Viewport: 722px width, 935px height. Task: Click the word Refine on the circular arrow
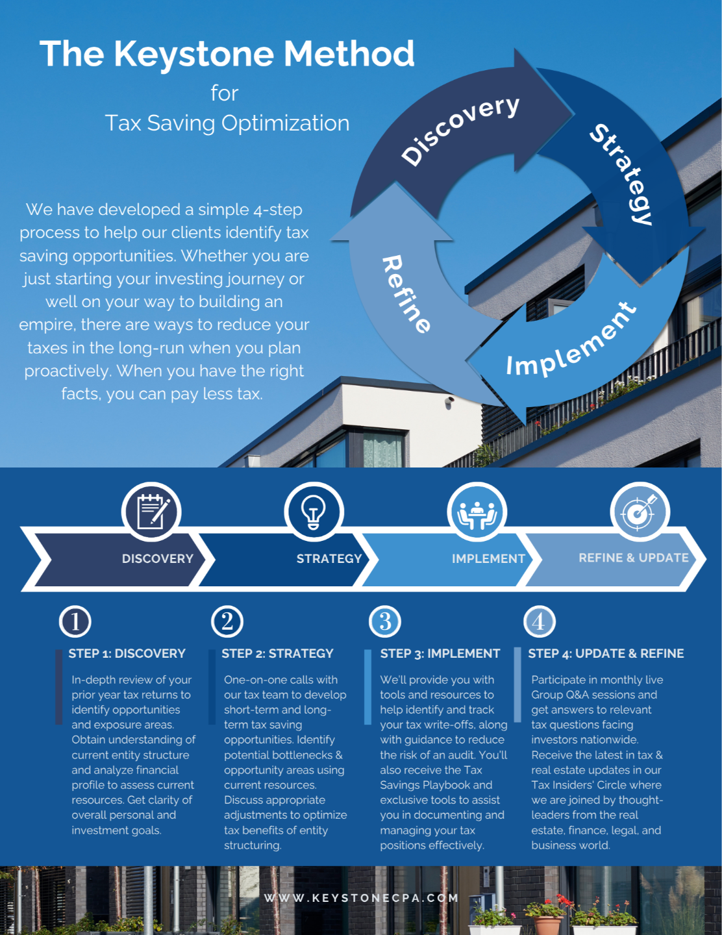406,294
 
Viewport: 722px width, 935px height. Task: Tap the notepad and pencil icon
151,512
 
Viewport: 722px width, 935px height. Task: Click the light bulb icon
314,512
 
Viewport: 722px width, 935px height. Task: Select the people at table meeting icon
477,512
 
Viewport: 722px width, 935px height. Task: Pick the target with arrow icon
640,512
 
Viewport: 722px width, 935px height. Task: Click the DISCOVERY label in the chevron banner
158,558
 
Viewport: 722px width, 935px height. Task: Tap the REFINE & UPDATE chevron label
634,558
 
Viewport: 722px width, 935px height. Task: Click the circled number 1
75,621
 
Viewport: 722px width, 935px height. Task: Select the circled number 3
385,621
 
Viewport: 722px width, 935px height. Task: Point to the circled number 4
539,621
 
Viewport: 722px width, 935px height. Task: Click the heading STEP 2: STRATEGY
277,653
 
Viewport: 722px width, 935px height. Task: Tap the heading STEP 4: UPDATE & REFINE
606,653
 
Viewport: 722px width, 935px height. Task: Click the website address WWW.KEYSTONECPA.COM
361,898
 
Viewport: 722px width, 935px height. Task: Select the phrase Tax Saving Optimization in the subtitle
227,123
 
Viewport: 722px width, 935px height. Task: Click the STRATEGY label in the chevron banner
329,558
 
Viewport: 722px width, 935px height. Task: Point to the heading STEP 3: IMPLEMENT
440,653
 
